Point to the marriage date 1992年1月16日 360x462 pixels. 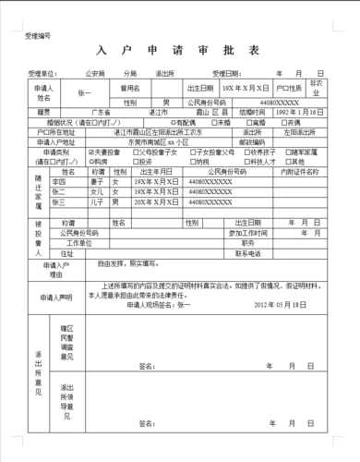click(301, 111)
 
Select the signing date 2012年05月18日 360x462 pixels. click(278, 303)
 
